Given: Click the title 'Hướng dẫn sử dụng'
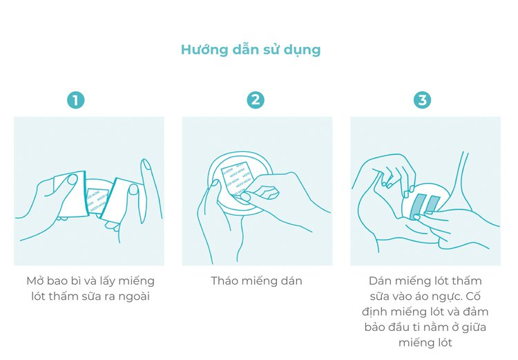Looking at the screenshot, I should coord(250,50).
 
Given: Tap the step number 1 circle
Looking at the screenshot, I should coord(75,100).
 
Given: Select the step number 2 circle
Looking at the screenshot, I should coord(256,100).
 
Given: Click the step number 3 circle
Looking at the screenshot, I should coord(421,100).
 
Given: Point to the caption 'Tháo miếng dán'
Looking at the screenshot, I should coord(256,281).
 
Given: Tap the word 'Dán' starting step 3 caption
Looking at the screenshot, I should coord(381,281).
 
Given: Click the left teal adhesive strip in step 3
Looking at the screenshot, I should coord(417,205).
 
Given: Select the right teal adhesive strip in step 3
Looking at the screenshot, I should coord(432,202).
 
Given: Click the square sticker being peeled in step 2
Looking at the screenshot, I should coord(238,178).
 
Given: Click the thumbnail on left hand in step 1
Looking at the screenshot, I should coord(71,179).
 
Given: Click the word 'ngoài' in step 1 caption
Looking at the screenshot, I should coord(137,296).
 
